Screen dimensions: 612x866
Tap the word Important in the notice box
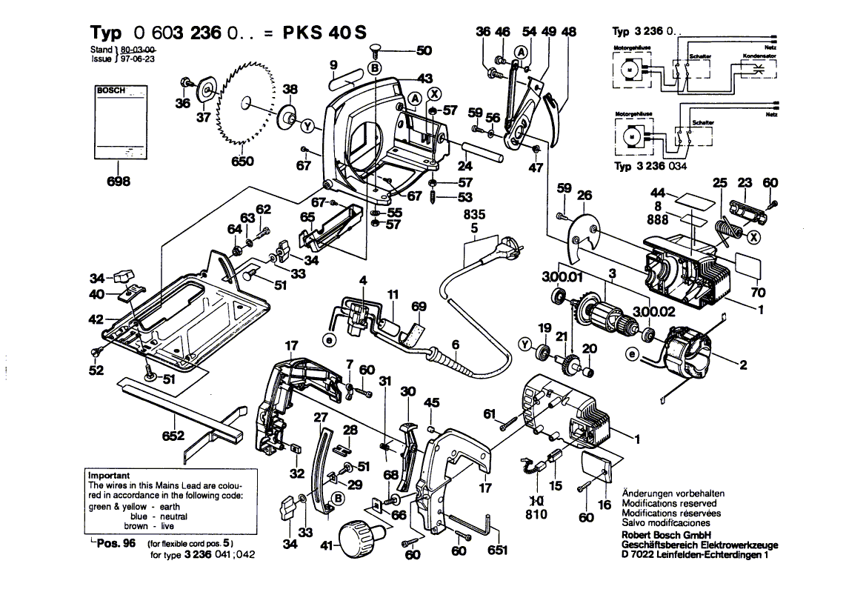tap(109, 476)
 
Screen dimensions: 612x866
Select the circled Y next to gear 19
tap(527, 344)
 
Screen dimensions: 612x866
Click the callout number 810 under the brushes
tap(536, 513)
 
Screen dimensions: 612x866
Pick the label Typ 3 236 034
tap(650, 167)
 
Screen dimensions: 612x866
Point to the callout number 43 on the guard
tap(424, 79)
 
